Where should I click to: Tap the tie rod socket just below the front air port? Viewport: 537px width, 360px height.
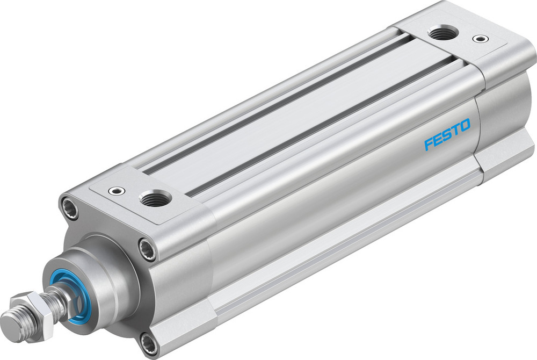147,248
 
